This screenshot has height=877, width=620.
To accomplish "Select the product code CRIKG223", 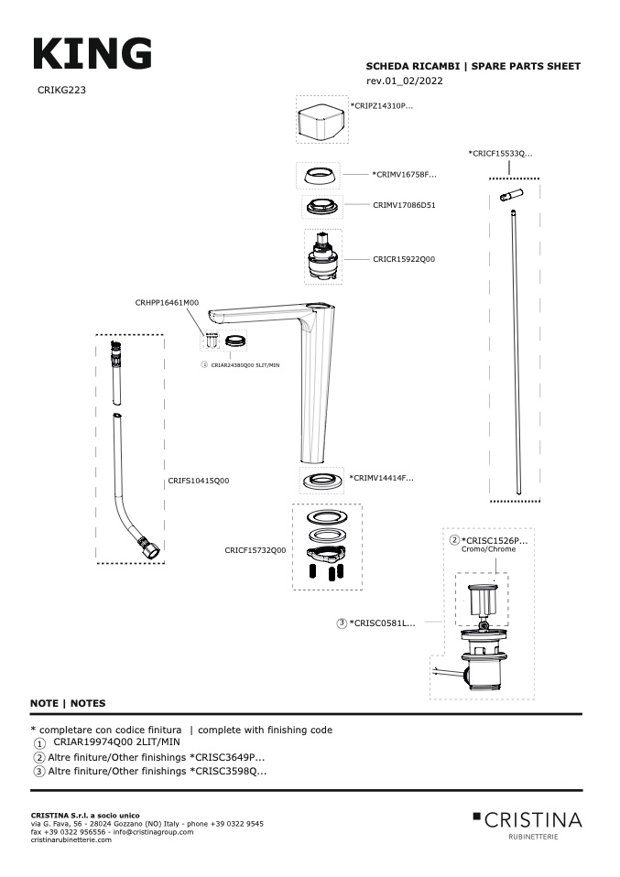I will (62, 90).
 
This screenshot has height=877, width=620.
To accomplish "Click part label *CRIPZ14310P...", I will (382, 106).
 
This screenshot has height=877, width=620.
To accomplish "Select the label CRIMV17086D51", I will (404, 205).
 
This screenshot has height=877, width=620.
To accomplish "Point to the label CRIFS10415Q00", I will (199, 480).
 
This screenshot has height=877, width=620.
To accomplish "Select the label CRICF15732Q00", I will (256, 550).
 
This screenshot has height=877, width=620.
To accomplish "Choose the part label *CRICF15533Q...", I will (500, 153).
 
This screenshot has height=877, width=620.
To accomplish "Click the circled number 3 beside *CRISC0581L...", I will (342, 623).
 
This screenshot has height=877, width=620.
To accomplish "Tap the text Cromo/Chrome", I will (488, 549).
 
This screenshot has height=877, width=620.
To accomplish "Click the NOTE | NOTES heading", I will (68, 703).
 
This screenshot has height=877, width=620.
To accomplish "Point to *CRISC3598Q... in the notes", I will (228, 771).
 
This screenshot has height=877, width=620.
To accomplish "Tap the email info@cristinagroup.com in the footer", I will (153, 831).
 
